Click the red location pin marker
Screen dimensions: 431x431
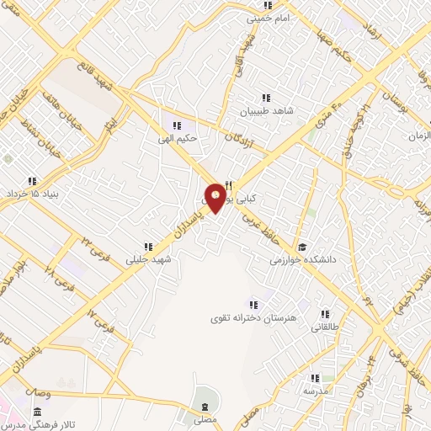216,197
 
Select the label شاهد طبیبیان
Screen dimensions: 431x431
267,110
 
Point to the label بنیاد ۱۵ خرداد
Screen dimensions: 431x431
30,194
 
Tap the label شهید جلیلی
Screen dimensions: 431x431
148,259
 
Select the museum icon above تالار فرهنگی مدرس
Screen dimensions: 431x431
36,412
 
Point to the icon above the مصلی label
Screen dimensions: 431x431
203,405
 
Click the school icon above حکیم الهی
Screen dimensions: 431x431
176,125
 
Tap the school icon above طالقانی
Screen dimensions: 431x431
325,314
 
